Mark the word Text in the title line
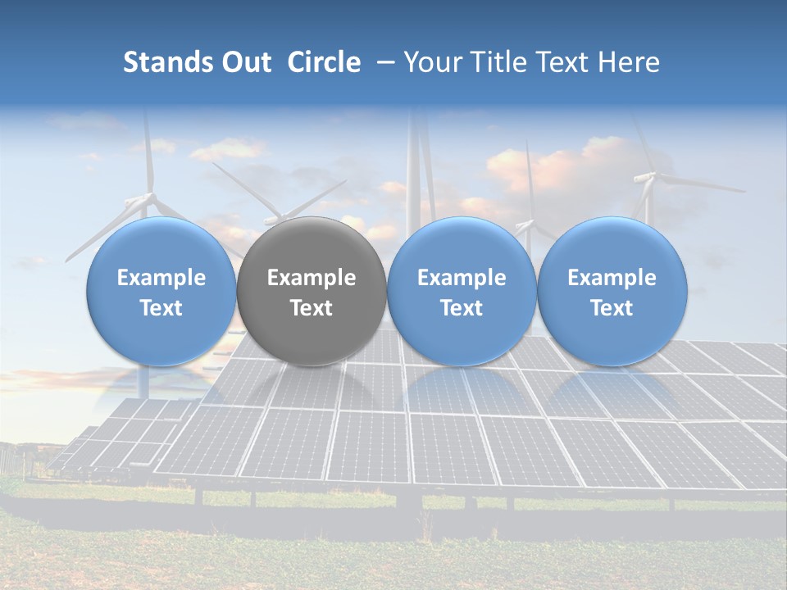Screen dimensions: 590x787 click(x=563, y=62)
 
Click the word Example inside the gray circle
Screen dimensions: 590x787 click(x=312, y=278)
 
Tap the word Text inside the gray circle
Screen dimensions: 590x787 click(x=312, y=308)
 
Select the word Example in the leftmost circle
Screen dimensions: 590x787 click(x=161, y=278)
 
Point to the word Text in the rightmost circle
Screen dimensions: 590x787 click(x=612, y=308)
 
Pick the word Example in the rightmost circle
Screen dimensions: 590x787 click(x=612, y=278)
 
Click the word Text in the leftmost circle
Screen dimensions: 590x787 click(x=161, y=308)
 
